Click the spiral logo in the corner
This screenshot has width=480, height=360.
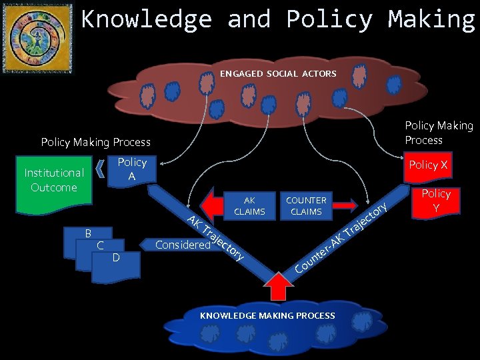(37, 37)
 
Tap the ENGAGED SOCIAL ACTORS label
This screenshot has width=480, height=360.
(278, 73)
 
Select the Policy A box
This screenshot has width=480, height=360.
(131, 169)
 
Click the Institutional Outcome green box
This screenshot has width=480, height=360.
(54, 180)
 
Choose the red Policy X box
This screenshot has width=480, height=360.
(427, 165)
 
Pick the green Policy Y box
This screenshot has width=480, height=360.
(436, 201)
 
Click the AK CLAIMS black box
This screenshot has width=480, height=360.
(249, 206)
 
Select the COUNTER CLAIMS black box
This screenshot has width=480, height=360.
(306, 206)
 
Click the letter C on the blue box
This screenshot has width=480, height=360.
(99, 245)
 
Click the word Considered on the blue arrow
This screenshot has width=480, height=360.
(181, 245)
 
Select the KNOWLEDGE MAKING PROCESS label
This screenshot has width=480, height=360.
(267, 315)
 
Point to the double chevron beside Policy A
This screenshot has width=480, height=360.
(101, 169)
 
